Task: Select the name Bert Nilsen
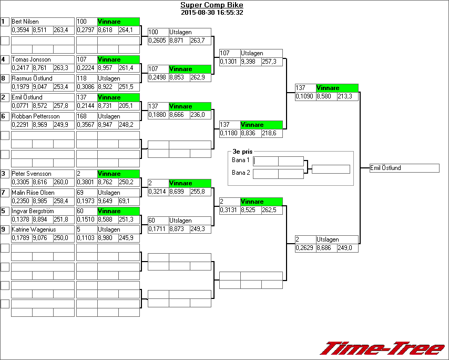click(x=25, y=22)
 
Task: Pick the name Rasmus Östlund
click(x=32, y=78)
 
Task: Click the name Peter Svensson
click(x=32, y=174)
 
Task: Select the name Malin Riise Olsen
click(x=33, y=193)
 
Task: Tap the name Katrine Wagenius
click(x=34, y=229)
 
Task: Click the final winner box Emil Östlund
click(x=404, y=168)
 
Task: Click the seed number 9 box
click(x=5, y=229)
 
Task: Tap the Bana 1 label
click(x=240, y=159)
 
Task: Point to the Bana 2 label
click(x=240, y=172)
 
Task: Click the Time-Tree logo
click(x=382, y=348)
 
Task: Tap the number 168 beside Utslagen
click(x=82, y=116)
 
